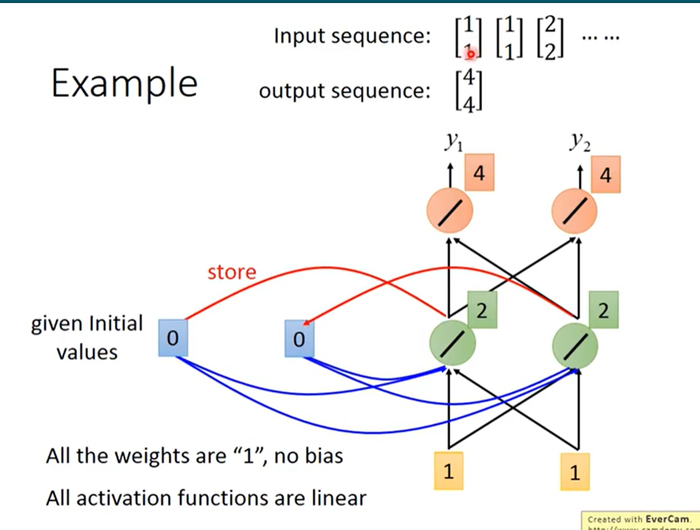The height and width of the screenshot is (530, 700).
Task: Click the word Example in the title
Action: pos(124,83)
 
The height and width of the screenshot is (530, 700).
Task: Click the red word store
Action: pos(232,272)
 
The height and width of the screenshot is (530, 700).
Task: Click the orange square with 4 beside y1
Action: pos(478,174)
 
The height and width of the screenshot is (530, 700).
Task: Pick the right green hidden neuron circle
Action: pos(575,342)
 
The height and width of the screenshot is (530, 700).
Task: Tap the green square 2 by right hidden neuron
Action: pos(603,309)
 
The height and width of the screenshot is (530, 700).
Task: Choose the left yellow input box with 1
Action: pos(448,471)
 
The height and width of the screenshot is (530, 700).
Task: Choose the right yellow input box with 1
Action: pos(575,474)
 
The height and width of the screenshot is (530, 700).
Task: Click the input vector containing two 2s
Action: pos(550,38)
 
